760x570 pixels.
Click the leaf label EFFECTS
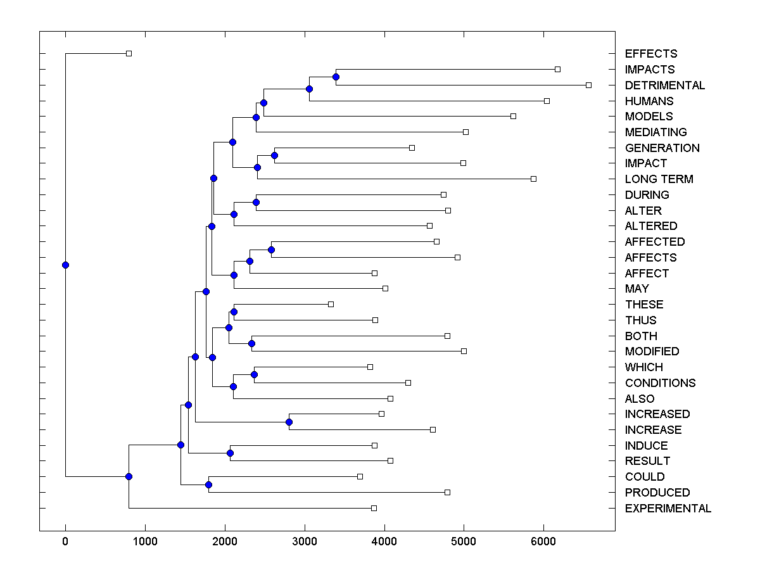(650, 54)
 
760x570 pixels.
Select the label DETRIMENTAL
(664, 85)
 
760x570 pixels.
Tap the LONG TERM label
(659, 179)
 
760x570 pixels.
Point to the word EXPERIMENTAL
(668, 509)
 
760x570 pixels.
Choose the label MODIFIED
(652, 351)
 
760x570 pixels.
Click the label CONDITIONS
(660, 383)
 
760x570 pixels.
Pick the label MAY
(636, 289)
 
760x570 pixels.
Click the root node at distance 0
(65, 265)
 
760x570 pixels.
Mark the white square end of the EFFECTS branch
(129, 53)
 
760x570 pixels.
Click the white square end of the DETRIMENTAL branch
(588, 85)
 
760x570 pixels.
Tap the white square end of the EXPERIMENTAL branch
(374, 508)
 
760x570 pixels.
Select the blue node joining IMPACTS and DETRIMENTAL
(336, 77)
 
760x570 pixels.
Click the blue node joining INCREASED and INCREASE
(289, 422)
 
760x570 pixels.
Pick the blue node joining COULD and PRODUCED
(208, 484)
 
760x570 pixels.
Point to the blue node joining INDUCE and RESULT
(230, 453)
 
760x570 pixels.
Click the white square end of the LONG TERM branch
(533, 179)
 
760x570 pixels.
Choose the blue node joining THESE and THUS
(234, 312)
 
